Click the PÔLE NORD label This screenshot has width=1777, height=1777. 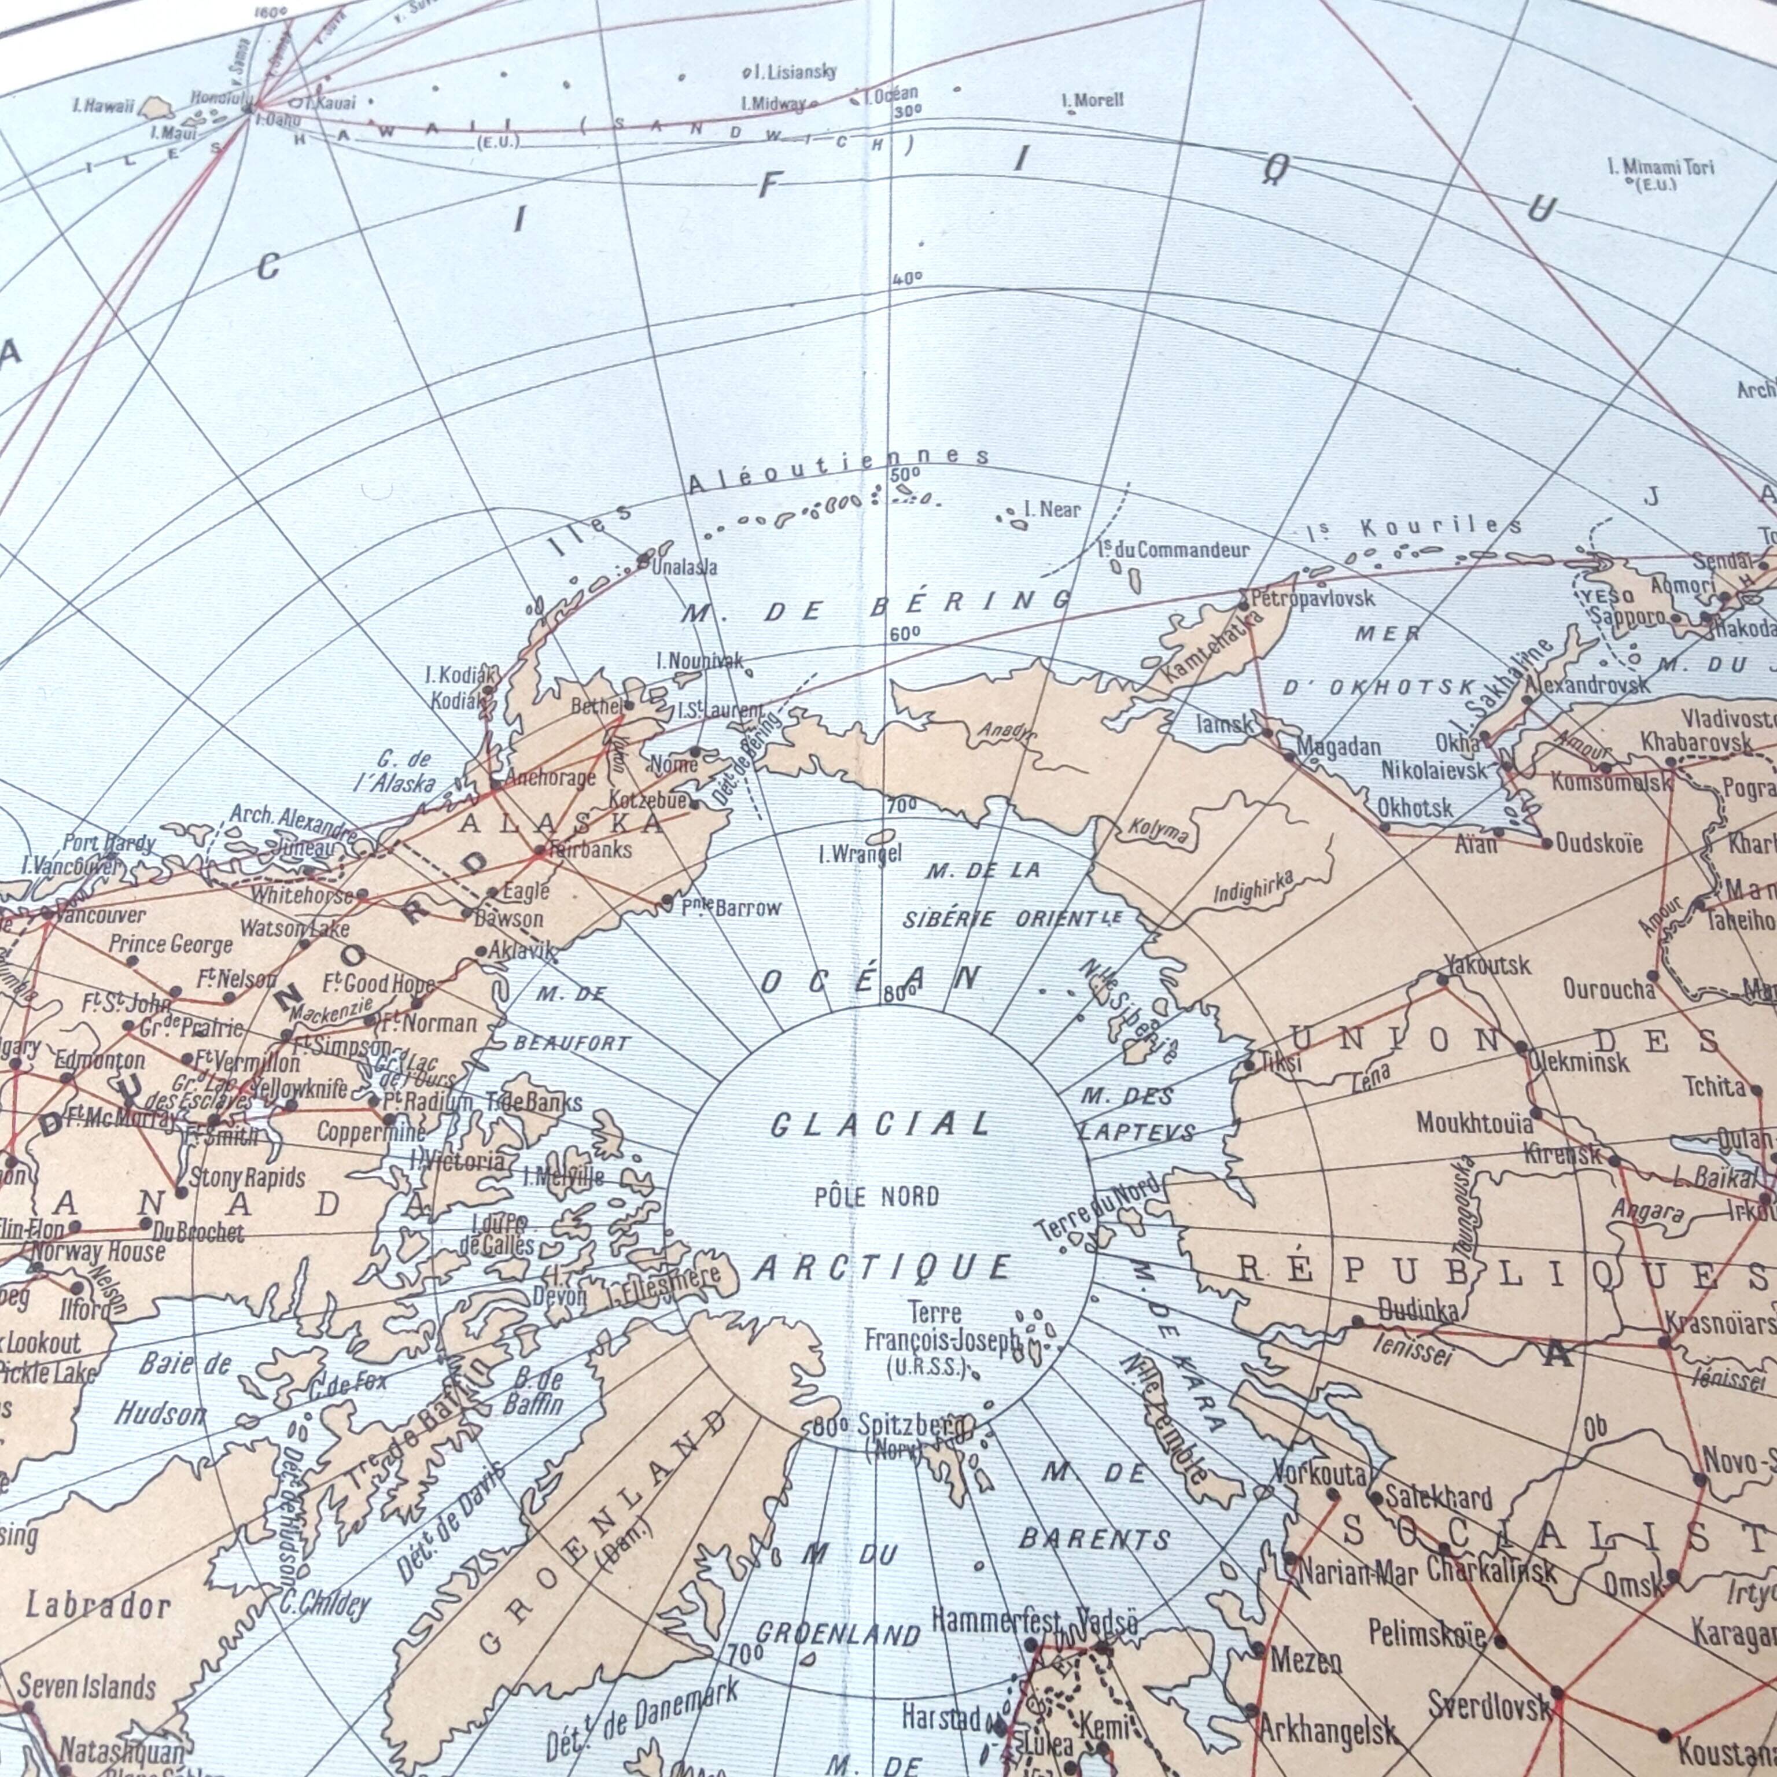[876, 1197]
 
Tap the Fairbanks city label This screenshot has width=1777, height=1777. [591, 849]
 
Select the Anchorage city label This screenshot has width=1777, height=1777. [550, 778]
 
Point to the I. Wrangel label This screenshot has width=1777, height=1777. [860, 854]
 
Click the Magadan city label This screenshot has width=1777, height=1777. [1339, 747]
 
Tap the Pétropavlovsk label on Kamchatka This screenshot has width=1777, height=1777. [1314, 598]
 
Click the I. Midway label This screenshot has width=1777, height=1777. [773, 104]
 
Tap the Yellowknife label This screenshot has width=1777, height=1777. [300, 1089]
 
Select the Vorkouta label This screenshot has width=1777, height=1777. [1320, 1474]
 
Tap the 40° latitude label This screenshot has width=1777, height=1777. [907, 278]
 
